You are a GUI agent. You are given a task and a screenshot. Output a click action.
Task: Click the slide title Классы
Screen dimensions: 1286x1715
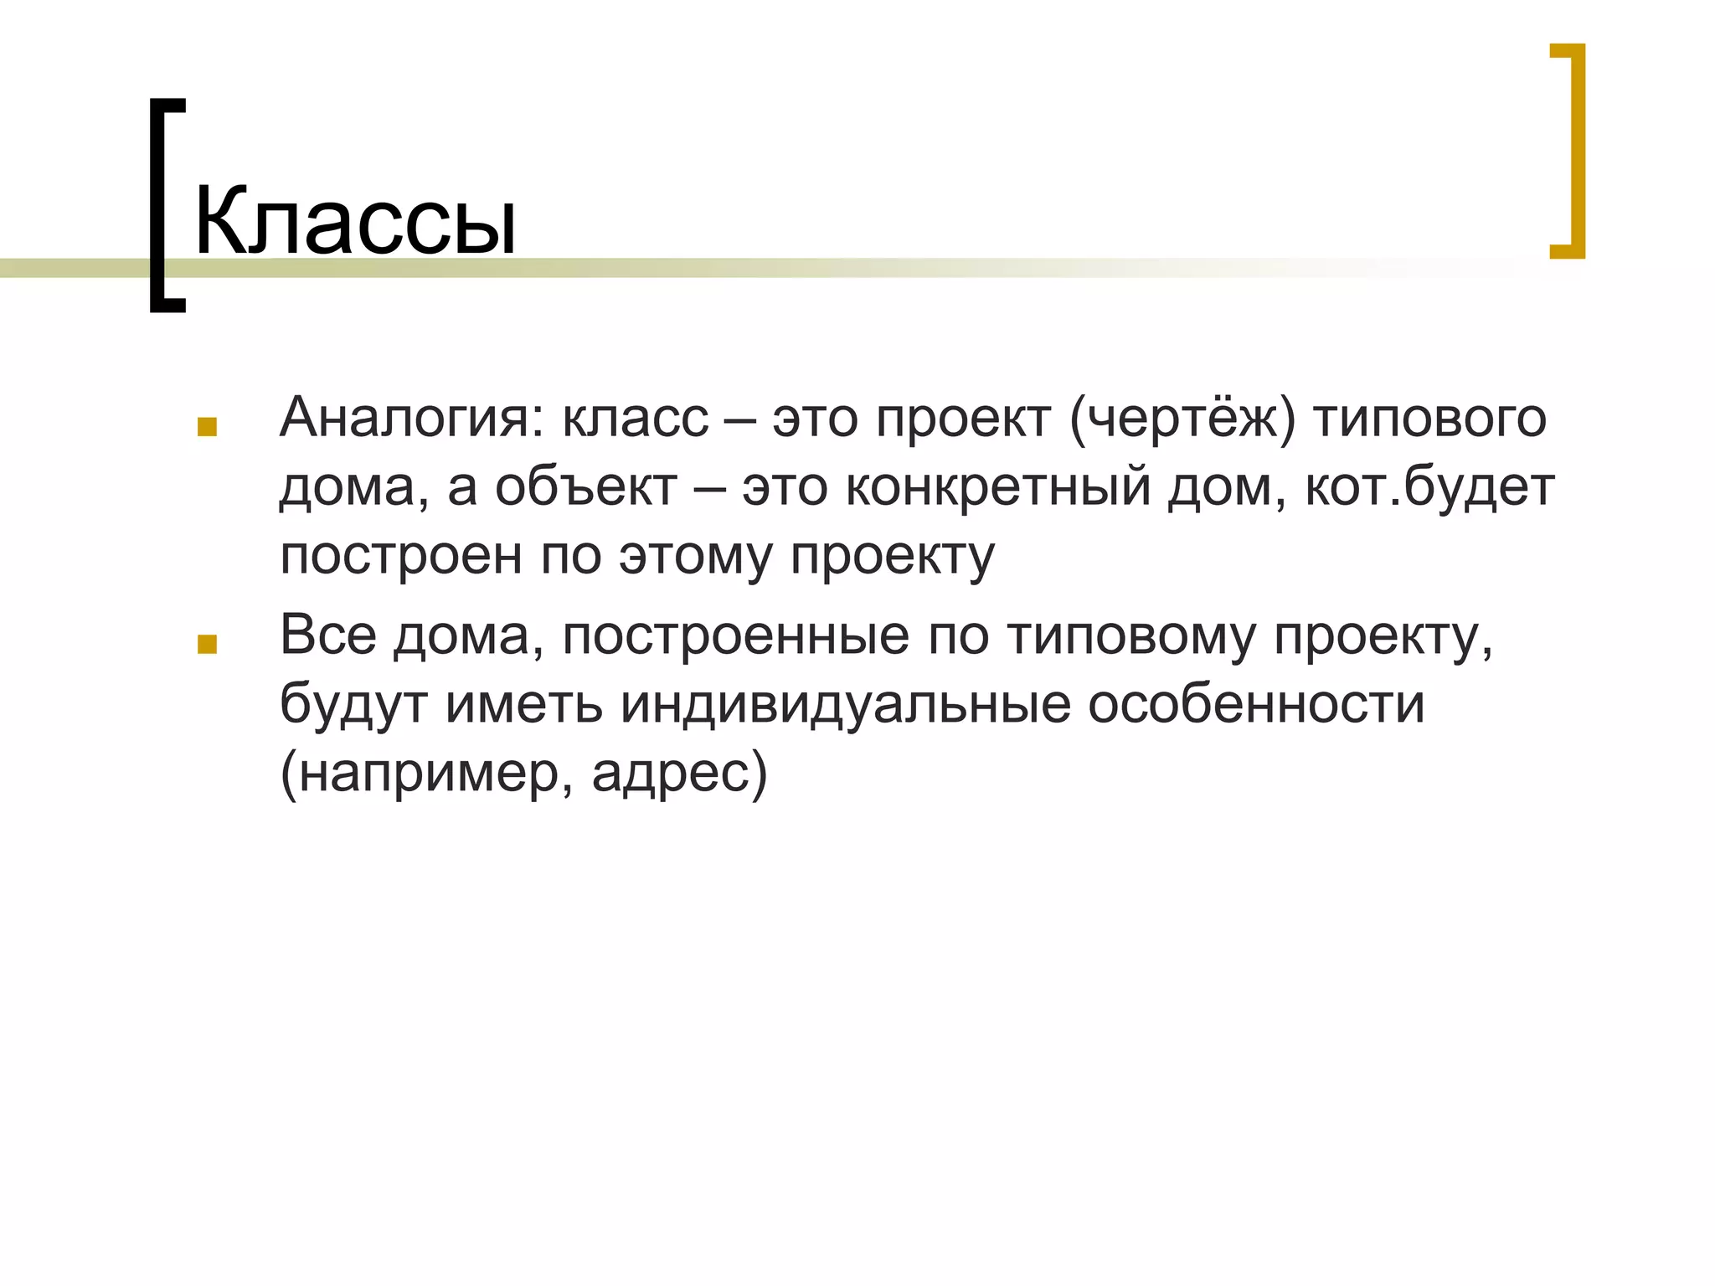(x=355, y=222)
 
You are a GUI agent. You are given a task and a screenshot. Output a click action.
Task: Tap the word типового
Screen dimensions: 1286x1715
(x=1429, y=418)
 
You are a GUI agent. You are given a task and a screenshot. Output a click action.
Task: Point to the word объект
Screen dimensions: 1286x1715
(x=586, y=486)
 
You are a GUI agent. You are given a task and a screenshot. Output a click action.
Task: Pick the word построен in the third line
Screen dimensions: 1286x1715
(x=401, y=555)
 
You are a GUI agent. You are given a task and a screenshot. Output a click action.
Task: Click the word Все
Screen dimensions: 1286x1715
(x=328, y=635)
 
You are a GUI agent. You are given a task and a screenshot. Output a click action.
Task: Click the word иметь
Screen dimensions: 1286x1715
(x=524, y=704)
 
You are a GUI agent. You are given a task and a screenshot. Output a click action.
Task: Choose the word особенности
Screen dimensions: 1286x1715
(x=1256, y=704)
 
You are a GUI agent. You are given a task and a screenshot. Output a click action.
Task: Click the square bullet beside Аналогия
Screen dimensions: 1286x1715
(x=207, y=428)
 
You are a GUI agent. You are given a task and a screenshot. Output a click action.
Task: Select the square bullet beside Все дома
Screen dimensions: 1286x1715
(x=207, y=644)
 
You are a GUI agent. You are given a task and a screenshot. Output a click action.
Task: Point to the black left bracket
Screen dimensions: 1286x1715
(x=165, y=205)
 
